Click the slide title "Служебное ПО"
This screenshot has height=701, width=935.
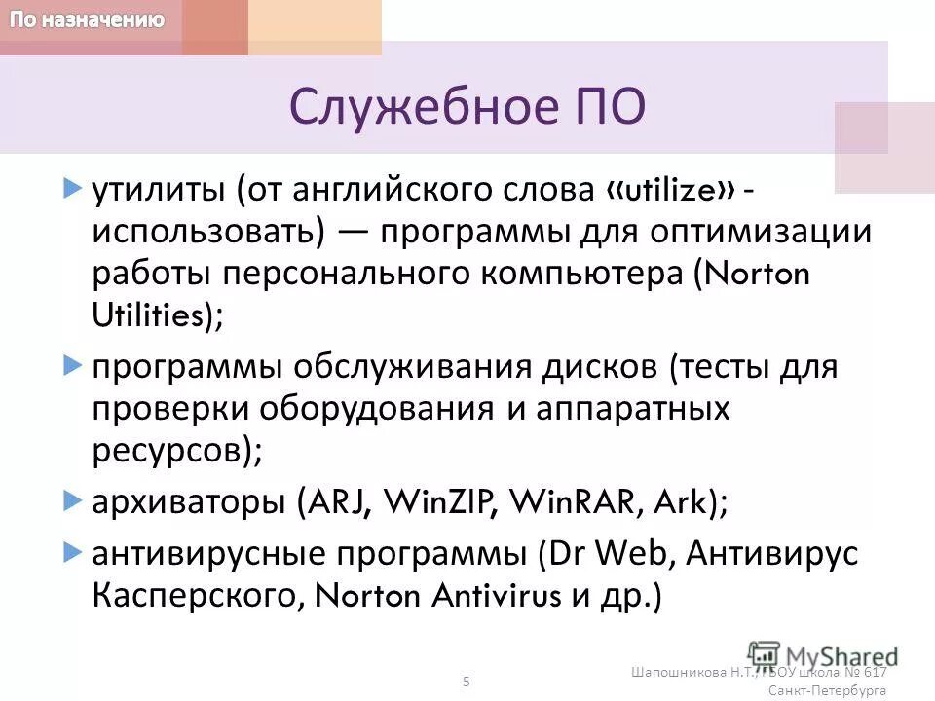(467, 107)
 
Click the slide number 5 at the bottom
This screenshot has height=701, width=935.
(466, 681)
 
